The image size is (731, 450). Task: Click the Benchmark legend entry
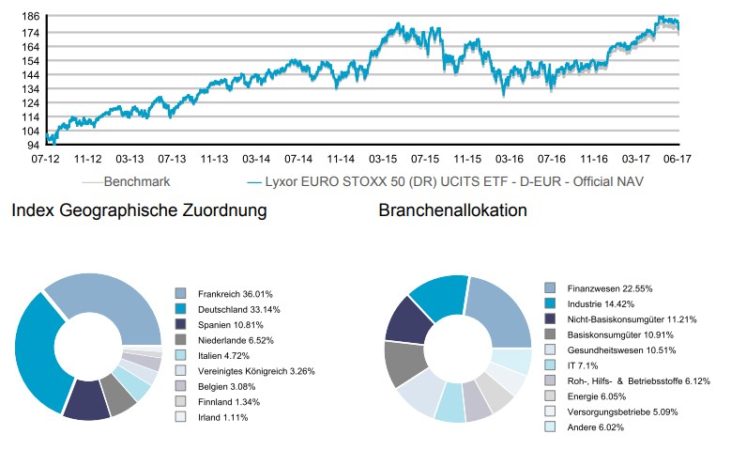coord(137,183)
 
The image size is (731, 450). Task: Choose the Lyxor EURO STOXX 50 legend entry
coord(440,183)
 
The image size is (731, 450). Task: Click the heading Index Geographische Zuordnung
coord(139,211)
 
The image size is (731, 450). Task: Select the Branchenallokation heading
coord(452,211)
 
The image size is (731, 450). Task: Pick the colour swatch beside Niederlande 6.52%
coord(181,340)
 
